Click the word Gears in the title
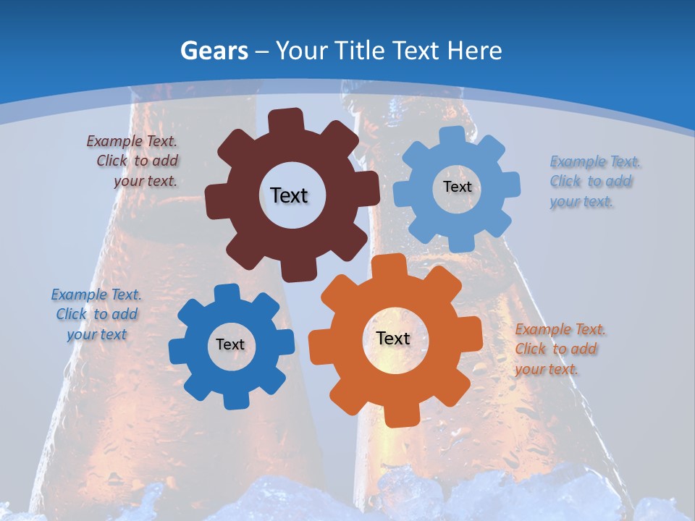214,51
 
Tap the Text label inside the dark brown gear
289,195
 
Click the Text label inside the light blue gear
457,187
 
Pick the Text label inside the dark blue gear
230,344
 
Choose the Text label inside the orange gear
393,338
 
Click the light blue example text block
594,182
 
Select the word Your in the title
303,51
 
